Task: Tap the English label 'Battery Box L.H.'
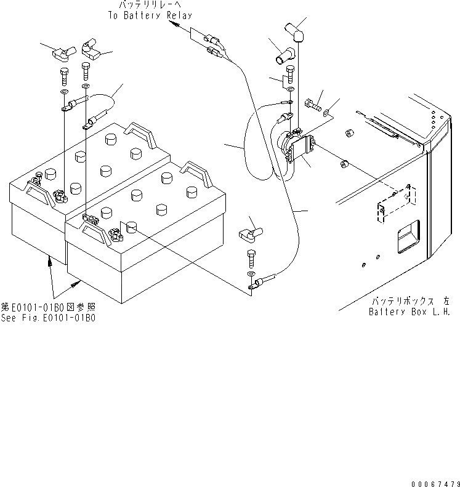pos(409,312)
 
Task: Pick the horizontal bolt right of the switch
pos(314,105)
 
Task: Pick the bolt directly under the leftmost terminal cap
pos(64,78)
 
